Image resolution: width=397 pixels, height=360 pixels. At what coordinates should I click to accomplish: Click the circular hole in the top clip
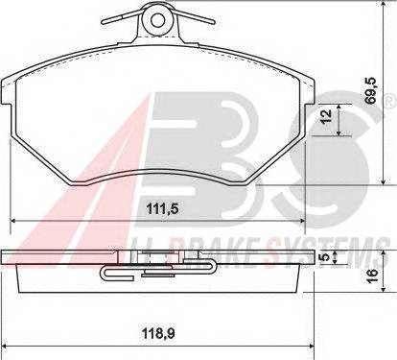157,19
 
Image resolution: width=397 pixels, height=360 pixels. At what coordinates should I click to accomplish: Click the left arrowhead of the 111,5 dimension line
13,221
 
